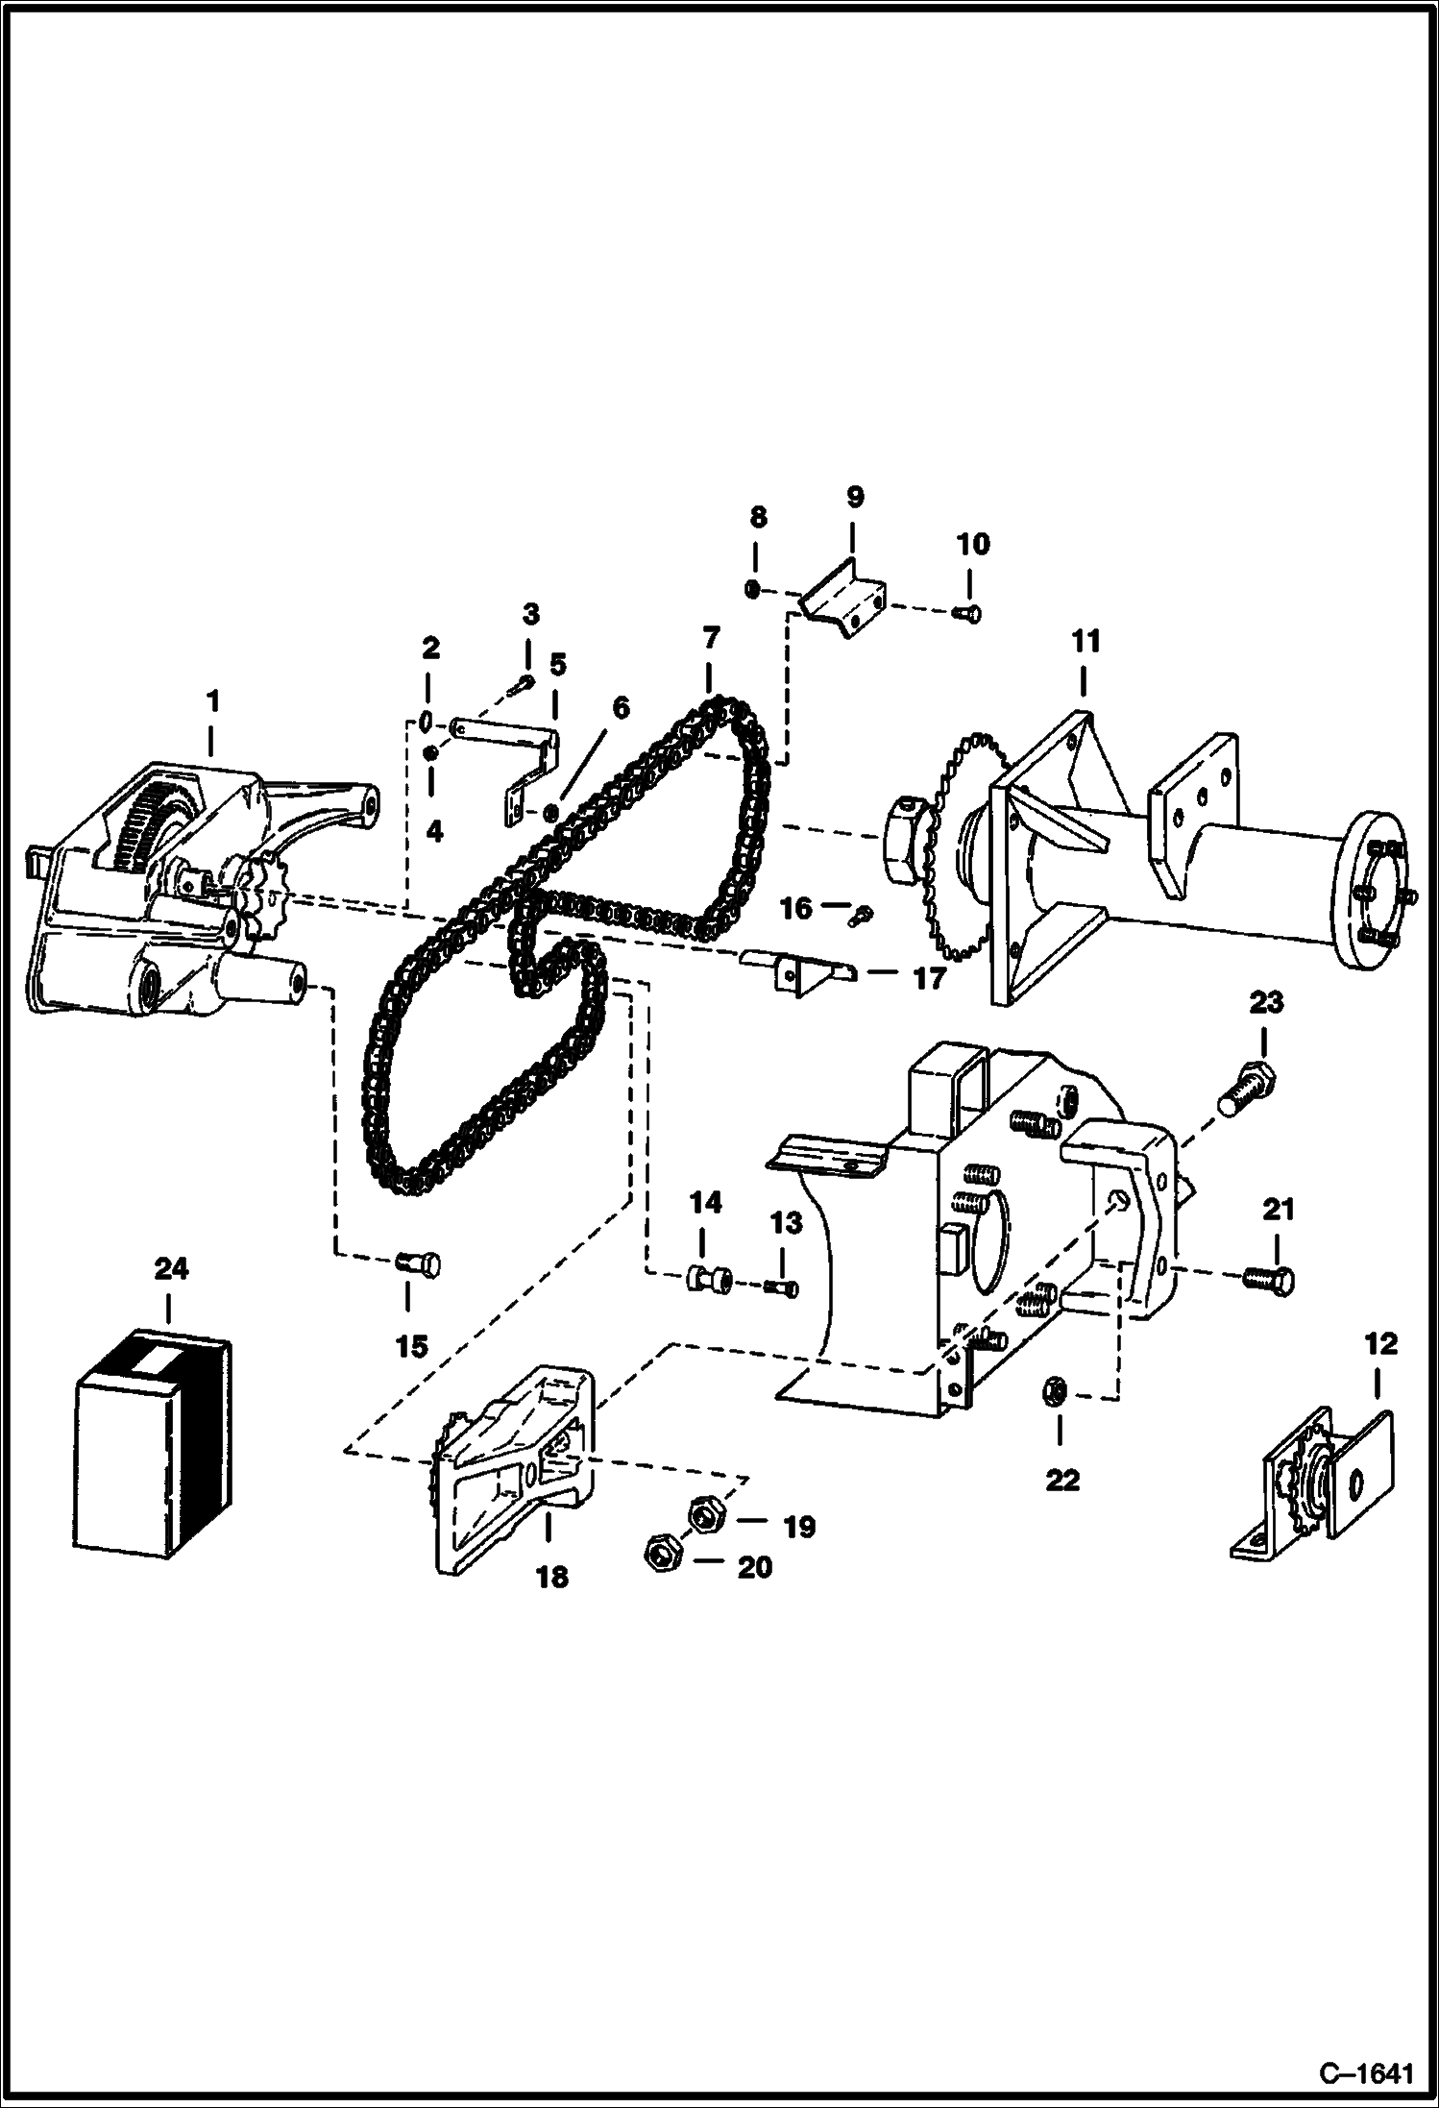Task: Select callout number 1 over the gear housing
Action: [x=212, y=702]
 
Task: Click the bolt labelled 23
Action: [x=1250, y=1091]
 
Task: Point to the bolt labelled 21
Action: [x=1269, y=1279]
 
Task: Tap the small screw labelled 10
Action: [x=969, y=611]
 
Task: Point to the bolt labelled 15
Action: [x=420, y=1265]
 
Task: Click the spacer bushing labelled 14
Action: [x=709, y=1280]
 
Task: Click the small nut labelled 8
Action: [x=754, y=589]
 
